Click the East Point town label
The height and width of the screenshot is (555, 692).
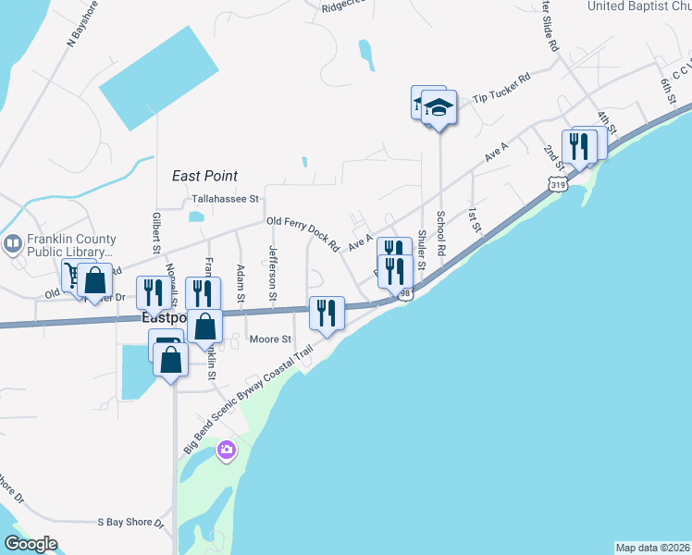(204, 176)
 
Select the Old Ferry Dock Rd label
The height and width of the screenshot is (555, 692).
(303, 233)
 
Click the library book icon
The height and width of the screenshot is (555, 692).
(12, 244)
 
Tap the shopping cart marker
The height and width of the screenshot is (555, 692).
(73, 274)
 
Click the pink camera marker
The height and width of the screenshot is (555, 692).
(226, 450)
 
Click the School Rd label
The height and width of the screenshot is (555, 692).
(442, 238)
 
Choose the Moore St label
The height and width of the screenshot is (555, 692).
(270, 339)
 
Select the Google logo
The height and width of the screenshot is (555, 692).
(31, 544)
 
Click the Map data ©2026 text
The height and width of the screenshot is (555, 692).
(652, 548)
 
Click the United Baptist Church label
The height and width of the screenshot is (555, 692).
(640, 6)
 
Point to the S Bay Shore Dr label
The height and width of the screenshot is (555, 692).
(130, 523)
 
